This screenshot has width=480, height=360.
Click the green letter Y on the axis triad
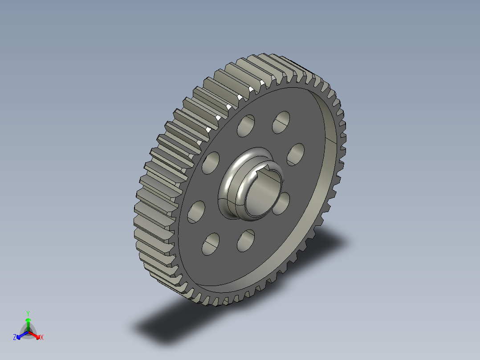click(28, 313)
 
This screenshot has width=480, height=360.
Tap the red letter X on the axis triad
click(41, 338)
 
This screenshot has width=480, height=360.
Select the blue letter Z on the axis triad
click(15, 338)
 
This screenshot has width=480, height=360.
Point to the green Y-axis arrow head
click(28, 320)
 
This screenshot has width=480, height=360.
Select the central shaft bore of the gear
click(260, 194)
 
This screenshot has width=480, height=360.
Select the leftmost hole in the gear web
click(196, 212)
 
